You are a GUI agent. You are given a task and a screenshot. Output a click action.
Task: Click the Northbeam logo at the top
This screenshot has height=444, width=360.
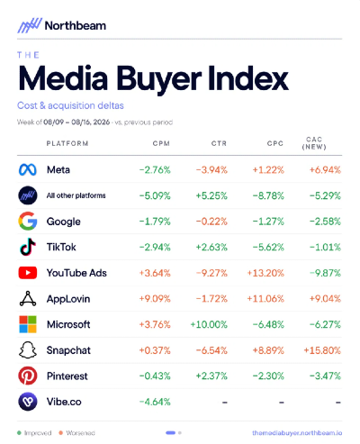pos(61,25)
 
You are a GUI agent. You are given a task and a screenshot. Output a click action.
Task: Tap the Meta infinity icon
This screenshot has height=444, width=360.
pos(28,170)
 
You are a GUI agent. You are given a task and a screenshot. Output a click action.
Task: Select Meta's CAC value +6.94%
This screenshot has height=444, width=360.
pos(325,170)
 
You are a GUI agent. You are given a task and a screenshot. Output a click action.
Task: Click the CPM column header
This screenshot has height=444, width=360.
pos(161,143)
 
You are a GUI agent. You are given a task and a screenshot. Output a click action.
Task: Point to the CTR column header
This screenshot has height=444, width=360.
pos(219,143)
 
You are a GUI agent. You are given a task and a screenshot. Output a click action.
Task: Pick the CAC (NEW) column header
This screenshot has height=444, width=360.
pos(314,143)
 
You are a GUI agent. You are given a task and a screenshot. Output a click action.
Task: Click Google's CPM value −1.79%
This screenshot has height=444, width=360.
pos(155,222)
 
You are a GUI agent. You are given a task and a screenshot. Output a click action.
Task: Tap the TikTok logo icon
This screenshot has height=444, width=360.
pos(28,247)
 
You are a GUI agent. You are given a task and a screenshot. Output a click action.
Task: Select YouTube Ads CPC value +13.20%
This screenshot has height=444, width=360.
pos(265,273)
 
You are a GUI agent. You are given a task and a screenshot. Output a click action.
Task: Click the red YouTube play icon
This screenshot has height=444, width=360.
pos(28,273)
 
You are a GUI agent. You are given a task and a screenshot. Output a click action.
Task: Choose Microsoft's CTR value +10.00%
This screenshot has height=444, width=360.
pos(209,324)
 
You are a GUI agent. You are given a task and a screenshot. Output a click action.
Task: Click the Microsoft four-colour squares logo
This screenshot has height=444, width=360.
pos(28,324)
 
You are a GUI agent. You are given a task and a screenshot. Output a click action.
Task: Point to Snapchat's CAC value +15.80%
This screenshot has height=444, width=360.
pos(322,350)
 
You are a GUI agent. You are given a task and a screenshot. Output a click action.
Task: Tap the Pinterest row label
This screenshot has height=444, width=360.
pos(67,376)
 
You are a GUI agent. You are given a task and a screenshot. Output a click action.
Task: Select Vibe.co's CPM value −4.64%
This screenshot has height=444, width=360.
pos(155,402)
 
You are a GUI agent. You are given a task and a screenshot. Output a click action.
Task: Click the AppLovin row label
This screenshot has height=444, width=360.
pos(68,299)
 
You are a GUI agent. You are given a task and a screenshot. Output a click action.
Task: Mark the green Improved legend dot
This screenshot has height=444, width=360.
pos(19,433)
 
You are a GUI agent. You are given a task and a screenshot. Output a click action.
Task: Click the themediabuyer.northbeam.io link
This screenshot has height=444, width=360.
pos(297,433)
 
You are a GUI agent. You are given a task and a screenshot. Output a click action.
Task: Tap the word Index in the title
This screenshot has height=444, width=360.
pos(247,78)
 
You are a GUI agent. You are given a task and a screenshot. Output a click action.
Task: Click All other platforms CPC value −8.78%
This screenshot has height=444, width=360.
pos(268,196)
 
